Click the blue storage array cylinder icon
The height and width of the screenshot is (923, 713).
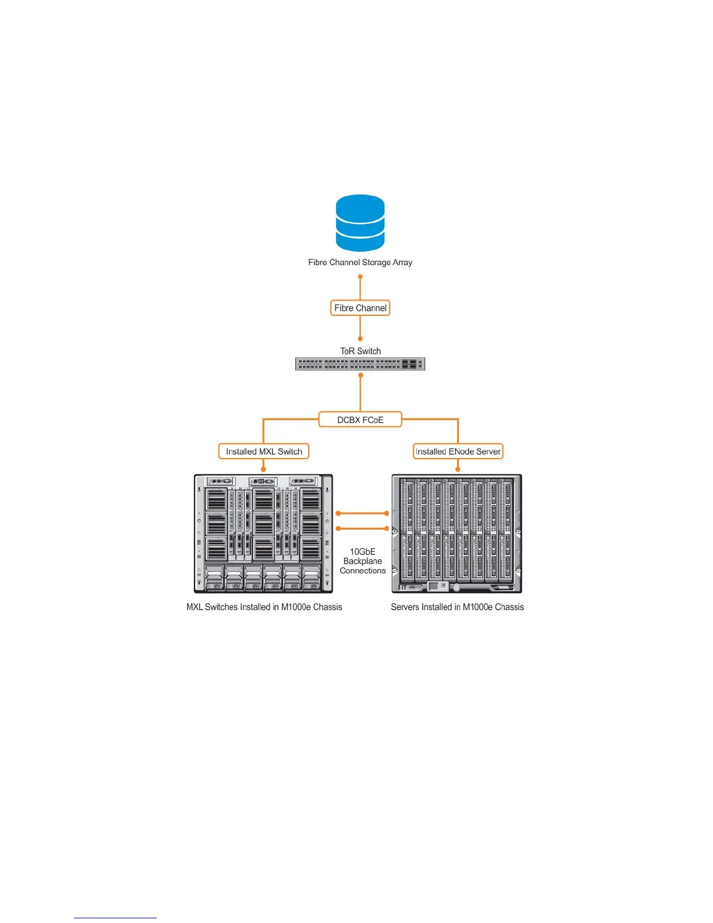click(x=360, y=223)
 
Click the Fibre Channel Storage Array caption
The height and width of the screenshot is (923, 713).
click(x=360, y=262)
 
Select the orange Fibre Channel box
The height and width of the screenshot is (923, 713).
click(x=360, y=308)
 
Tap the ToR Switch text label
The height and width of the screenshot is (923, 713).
click(x=360, y=351)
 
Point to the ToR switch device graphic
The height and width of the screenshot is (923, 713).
click(x=360, y=364)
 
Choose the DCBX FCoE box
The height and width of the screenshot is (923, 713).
click(x=360, y=420)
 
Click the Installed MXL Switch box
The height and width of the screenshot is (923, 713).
click(x=264, y=452)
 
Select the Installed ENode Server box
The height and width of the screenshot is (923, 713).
click(x=458, y=452)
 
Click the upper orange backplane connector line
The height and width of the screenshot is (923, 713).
click(x=362, y=513)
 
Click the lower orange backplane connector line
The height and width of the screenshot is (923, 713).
click(x=362, y=529)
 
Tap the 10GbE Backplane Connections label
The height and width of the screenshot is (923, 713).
click(x=362, y=561)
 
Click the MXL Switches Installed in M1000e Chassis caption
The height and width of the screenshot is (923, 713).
click(x=264, y=607)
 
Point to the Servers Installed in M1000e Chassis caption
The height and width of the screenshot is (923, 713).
click(x=457, y=607)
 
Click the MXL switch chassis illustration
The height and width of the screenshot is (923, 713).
click(x=263, y=533)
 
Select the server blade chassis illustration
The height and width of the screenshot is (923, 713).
click(x=457, y=533)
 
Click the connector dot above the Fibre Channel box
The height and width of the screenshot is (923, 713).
click(x=360, y=277)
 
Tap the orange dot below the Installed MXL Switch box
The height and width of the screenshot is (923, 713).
click(x=264, y=468)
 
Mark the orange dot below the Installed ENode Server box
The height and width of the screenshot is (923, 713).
click(x=458, y=468)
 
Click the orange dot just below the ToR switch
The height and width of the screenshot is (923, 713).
click(x=360, y=375)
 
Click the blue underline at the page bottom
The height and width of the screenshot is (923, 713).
click(x=115, y=918)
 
